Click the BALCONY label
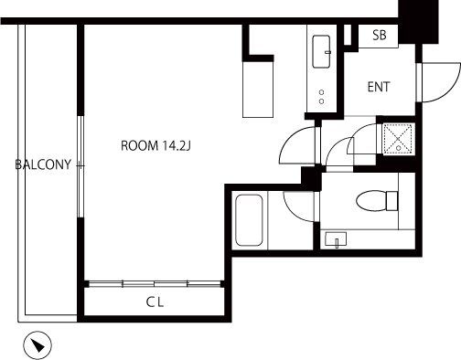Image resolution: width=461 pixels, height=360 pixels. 43,164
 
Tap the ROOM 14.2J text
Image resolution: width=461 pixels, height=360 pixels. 155,145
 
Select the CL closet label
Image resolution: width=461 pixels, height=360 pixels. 155,302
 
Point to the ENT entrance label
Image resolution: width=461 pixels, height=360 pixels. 379,87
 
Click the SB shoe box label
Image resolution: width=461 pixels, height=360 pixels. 380,35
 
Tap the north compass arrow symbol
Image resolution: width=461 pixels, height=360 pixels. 38,345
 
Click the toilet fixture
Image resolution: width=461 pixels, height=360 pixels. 377,201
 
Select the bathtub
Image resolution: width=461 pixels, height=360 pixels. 249,220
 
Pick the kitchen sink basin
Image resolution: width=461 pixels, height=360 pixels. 321,51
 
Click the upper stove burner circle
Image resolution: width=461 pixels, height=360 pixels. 321,92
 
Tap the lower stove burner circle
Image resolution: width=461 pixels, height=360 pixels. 321,101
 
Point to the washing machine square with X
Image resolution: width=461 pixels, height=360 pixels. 398,139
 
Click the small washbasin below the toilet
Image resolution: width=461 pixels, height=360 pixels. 336,239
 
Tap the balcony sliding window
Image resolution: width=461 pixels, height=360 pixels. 80,166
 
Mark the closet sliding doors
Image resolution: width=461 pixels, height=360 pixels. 155,284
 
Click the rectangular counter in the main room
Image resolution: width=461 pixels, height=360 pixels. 258,90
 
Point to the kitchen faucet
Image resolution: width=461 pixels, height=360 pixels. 328,52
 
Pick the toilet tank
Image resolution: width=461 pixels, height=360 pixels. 392,201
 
